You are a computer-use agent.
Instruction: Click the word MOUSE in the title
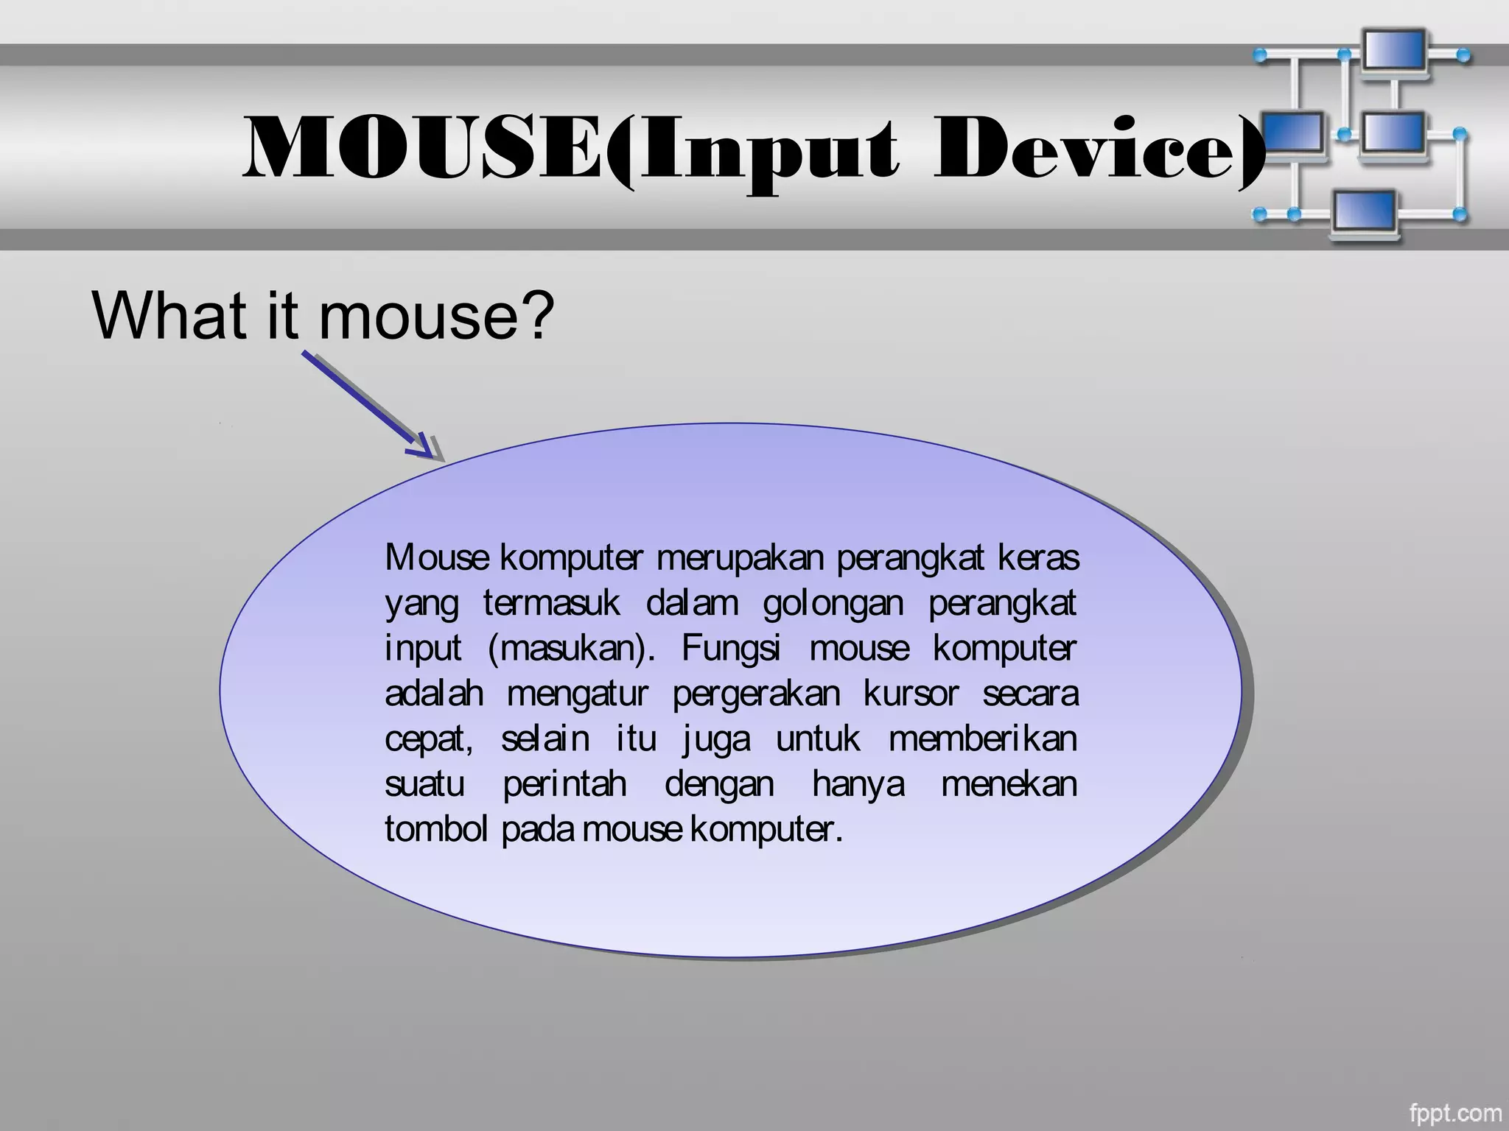click(x=427, y=149)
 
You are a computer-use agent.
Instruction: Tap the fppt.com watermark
click(x=1454, y=1113)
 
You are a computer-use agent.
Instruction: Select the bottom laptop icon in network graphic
click(x=1365, y=214)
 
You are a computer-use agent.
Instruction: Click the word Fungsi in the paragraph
click(x=730, y=649)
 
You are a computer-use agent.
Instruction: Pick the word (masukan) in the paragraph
click(x=571, y=649)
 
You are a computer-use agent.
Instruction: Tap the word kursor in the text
click(x=911, y=694)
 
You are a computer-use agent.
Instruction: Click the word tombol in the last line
click(x=435, y=829)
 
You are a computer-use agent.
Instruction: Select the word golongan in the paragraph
click(x=833, y=604)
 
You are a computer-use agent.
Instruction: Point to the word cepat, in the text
click(x=429, y=739)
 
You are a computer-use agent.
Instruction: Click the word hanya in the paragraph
click(x=858, y=784)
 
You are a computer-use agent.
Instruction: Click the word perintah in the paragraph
click(x=564, y=784)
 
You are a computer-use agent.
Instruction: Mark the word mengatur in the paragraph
click(x=577, y=694)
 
